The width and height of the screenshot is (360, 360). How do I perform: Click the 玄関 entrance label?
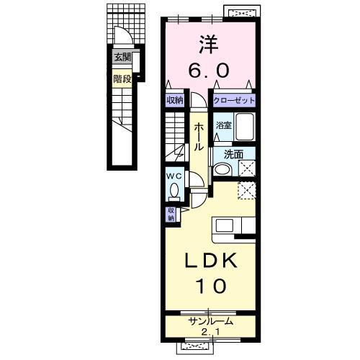click(122, 57)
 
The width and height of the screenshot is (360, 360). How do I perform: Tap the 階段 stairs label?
click(122, 78)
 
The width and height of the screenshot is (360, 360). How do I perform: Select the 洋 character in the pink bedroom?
click(208, 45)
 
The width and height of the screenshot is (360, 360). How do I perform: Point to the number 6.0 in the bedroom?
click(209, 70)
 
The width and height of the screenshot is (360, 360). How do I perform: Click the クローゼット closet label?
click(234, 100)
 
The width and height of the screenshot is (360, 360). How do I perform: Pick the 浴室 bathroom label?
click(223, 125)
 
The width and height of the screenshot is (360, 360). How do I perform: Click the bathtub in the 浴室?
click(245, 127)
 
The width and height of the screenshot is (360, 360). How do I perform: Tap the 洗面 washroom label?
click(233, 154)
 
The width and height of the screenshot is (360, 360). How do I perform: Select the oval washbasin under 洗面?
click(222, 169)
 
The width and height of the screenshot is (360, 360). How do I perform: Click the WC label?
click(174, 176)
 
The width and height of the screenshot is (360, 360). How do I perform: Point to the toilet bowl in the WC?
click(174, 189)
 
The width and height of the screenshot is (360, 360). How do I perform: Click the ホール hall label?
click(199, 137)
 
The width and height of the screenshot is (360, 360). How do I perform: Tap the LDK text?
click(211, 261)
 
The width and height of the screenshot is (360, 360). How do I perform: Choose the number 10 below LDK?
click(212, 286)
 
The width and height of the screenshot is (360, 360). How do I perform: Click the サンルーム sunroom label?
click(211, 321)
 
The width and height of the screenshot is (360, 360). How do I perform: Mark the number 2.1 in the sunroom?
click(210, 332)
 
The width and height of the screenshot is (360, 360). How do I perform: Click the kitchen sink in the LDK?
click(225, 226)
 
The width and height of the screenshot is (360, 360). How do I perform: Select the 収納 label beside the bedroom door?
click(175, 100)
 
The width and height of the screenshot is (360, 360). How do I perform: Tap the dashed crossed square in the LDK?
click(247, 190)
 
